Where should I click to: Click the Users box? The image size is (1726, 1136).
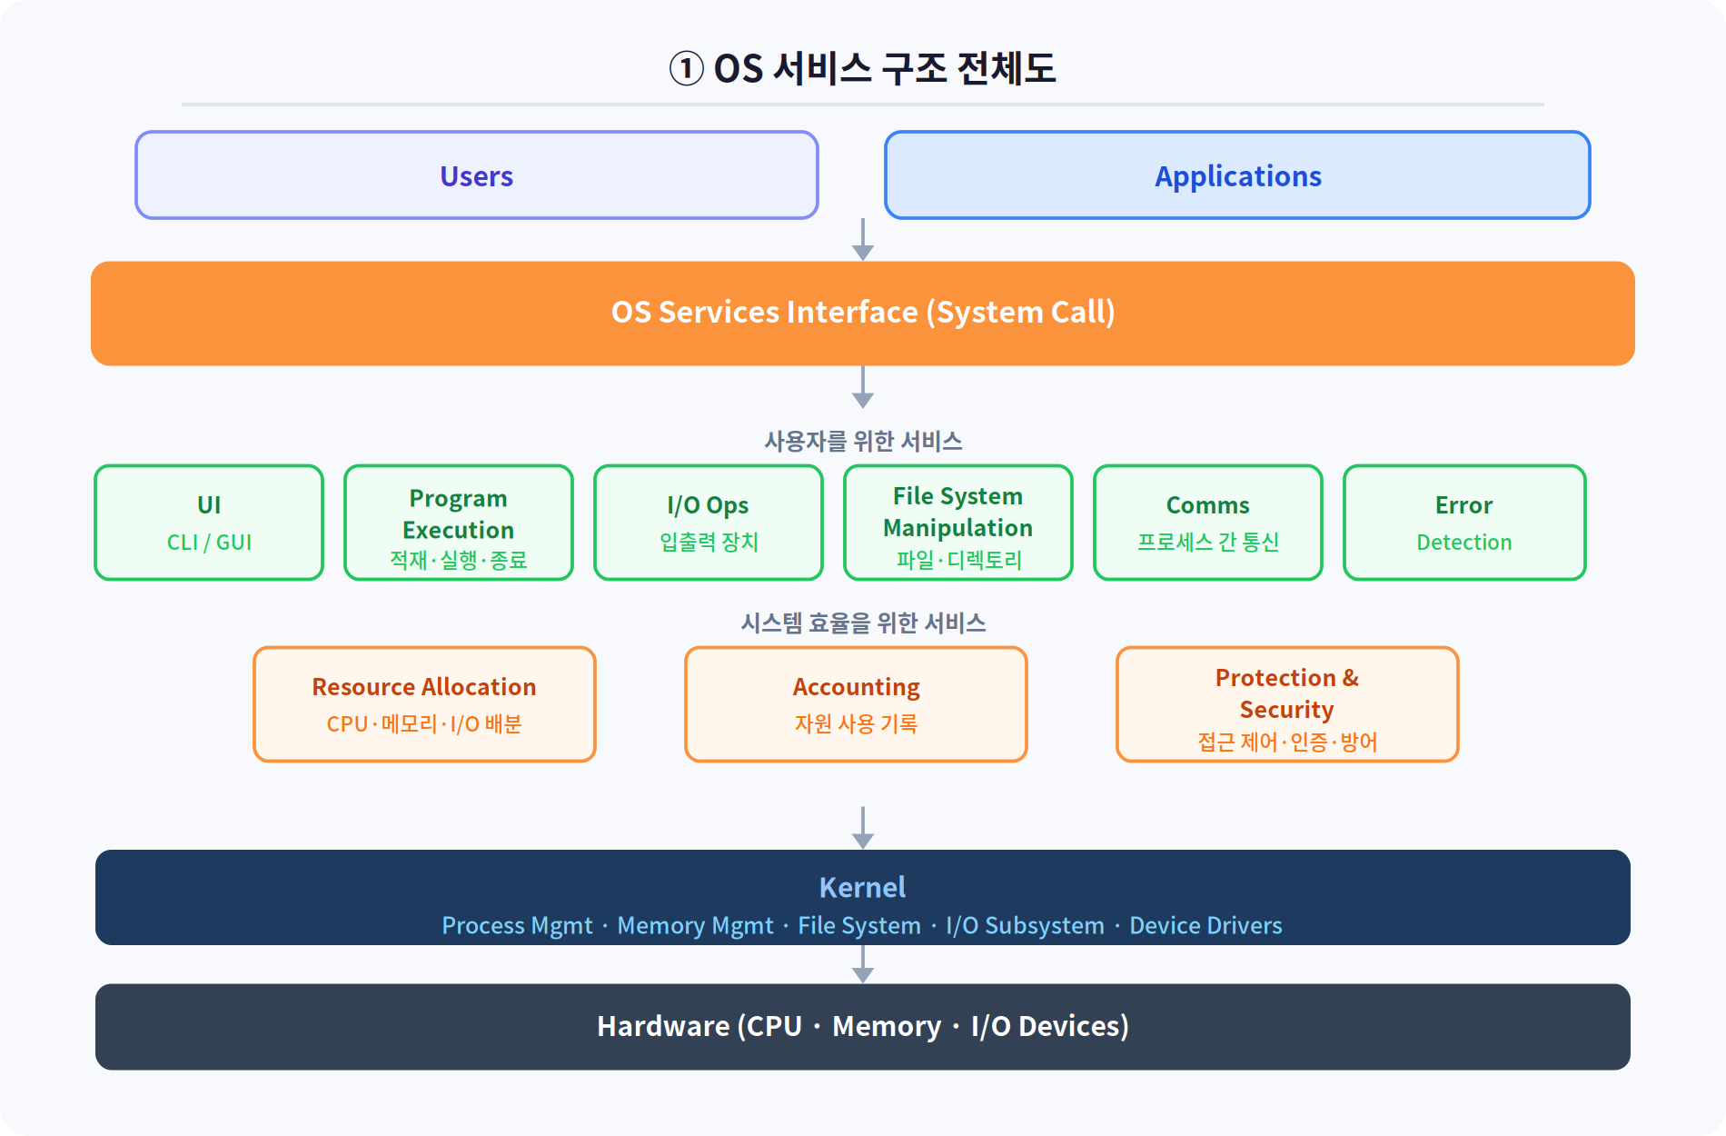click(x=477, y=175)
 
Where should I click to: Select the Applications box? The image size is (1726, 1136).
click(x=1237, y=175)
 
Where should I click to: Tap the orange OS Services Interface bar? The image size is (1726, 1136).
click(x=863, y=314)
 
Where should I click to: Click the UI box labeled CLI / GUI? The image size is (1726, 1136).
click(x=209, y=523)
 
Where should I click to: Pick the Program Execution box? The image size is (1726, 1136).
click(x=459, y=523)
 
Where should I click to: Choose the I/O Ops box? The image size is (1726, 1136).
click(x=709, y=523)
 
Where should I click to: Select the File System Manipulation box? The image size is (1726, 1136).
click(x=958, y=523)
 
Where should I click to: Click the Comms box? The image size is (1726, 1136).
click(x=1208, y=523)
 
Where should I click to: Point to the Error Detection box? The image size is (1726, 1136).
click(x=1464, y=523)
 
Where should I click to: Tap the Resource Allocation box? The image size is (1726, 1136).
click(x=424, y=704)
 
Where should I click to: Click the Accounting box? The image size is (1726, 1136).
click(x=856, y=704)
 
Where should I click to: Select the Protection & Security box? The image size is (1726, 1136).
click(x=1287, y=704)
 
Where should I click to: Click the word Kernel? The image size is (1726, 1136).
click(x=862, y=887)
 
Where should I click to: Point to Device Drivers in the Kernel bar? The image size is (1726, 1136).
click(x=1205, y=925)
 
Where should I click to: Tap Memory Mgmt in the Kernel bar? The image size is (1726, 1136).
click(x=695, y=925)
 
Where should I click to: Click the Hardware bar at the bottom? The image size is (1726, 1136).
click(x=863, y=1027)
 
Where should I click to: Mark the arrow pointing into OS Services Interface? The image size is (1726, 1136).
click(x=863, y=240)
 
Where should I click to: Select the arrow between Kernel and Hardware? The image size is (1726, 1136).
click(x=863, y=964)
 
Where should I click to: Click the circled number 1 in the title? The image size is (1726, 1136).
click(x=687, y=68)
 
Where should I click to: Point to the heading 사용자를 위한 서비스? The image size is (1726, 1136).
click(x=863, y=442)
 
